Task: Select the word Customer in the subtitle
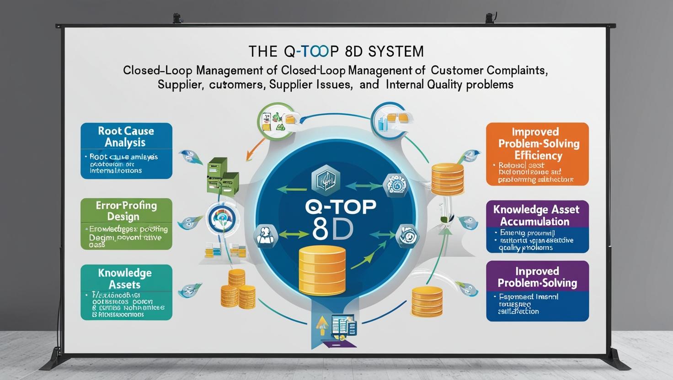(457, 71)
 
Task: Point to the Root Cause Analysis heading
(126, 137)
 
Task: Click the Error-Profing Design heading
(126, 211)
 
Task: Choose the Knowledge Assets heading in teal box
(124, 279)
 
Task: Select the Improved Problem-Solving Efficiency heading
(537, 143)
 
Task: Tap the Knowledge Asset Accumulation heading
(536, 215)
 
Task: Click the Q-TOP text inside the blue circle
(340, 206)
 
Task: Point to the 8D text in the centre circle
(333, 231)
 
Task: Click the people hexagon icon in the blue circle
(266, 235)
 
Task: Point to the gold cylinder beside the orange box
(448, 179)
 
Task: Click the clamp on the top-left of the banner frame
(177, 19)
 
